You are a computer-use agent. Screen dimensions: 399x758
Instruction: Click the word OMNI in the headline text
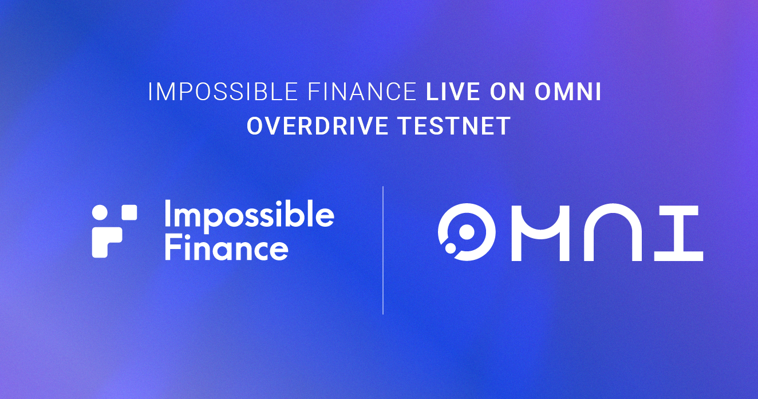tap(568, 92)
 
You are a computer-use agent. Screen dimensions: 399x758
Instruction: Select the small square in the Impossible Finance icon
tap(129, 212)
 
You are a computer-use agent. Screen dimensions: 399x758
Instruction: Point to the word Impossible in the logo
tap(249, 216)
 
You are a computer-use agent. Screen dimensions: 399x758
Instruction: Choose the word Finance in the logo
tap(226, 248)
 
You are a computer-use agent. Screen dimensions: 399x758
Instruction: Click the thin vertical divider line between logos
tap(383, 250)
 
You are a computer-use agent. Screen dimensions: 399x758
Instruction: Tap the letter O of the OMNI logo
tap(463, 233)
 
